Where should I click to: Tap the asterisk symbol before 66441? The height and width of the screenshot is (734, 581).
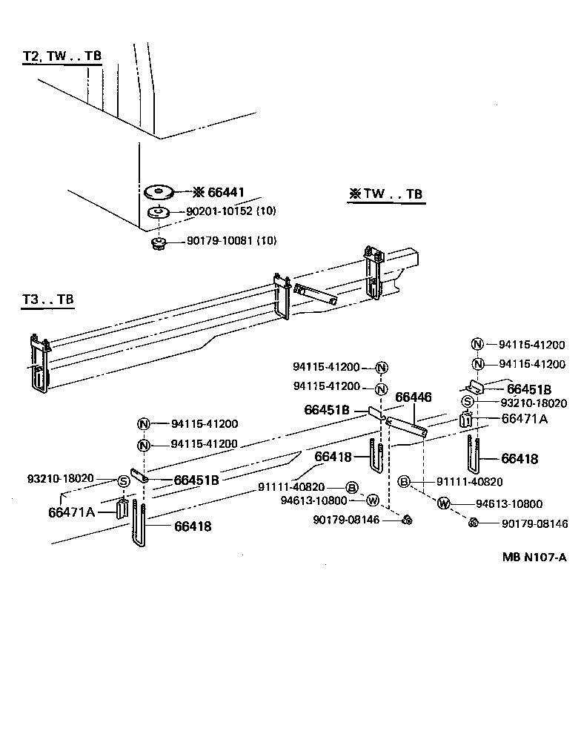pos(198,193)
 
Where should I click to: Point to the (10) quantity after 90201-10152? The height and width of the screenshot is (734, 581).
pos(266,211)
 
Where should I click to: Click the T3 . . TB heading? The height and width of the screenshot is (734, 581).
pos(47,300)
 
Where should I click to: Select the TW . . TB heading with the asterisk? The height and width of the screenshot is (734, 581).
pos(385,194)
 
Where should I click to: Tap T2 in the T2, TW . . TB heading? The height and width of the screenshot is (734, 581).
pos(31,56)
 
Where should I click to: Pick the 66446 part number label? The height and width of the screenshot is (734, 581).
pos(413,397)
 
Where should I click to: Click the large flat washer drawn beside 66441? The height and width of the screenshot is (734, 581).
pos(159,192)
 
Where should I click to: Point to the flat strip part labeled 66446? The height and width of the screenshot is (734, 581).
pos(406,426)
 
